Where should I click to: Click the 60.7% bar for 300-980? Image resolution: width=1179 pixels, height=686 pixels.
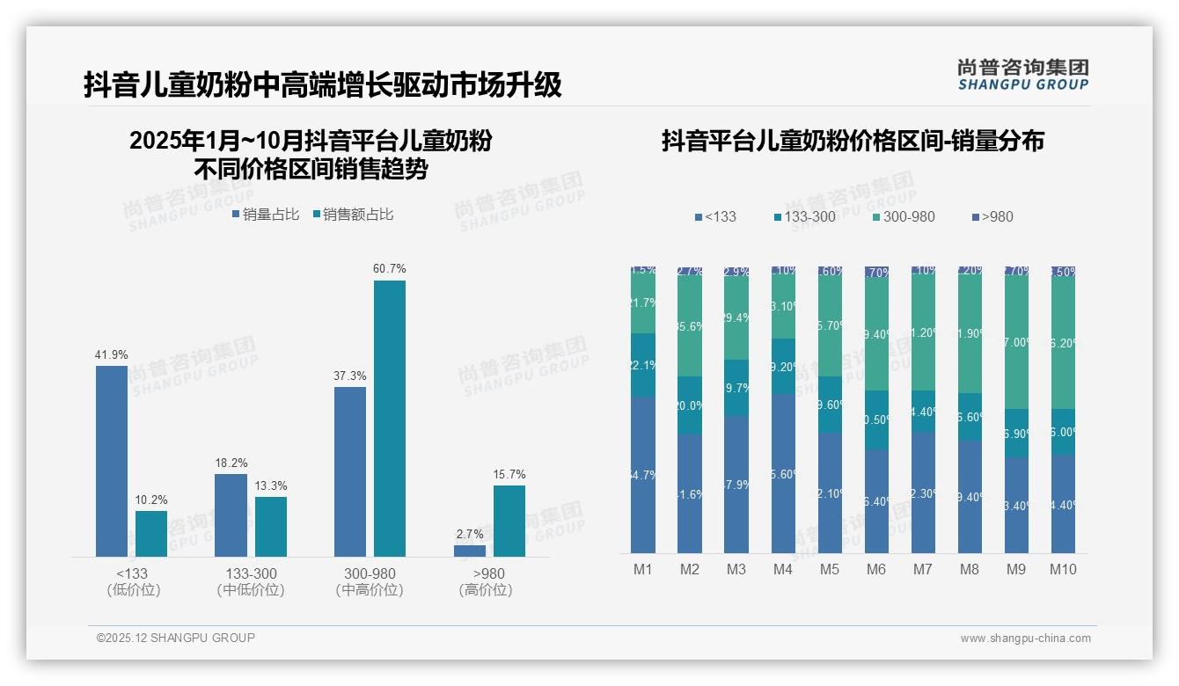[390, 418]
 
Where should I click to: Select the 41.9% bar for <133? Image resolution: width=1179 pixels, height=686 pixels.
[112, 461]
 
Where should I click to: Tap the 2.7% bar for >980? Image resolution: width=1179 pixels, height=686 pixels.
[470, 551]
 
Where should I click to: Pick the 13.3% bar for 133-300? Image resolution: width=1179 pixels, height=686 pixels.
[271, 526]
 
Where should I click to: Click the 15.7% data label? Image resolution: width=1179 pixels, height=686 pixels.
[509, 475]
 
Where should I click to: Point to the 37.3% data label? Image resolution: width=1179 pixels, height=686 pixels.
[350, 376]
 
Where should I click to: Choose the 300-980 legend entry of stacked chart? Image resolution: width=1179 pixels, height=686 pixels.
[904, 216]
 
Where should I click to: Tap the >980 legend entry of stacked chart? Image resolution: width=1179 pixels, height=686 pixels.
[992, 216]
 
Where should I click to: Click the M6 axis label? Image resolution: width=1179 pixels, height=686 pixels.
[876, 569]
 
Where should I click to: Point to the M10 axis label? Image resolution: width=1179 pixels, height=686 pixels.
[1063, 569]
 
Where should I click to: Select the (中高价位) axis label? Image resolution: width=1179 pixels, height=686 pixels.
[370, 590]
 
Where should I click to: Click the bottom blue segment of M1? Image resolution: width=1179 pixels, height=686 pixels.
[643, 475]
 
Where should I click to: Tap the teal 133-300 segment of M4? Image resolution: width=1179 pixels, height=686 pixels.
[783, 367]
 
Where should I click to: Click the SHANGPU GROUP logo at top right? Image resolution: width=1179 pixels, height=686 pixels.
[1023, 75]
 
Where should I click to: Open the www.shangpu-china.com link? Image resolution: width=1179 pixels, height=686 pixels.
[1025, 639]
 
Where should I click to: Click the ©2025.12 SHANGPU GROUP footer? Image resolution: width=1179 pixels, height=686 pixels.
[176, 638]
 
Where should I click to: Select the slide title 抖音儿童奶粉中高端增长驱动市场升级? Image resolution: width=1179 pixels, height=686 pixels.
[322, 85]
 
